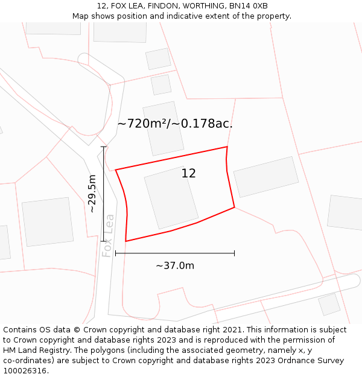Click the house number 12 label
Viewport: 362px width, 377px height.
tap(188, 174)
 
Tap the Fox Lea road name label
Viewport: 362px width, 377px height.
tap(108, 235)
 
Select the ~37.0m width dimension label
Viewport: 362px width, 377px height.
tap(175, 266)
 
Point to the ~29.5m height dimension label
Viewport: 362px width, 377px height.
tap(92, 194)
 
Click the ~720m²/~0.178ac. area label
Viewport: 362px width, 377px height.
tap(175, 124)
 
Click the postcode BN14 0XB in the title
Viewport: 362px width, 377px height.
tap(248, 6)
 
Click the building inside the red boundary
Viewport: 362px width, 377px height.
tap(171, 197)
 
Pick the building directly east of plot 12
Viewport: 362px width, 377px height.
tap(265, 177)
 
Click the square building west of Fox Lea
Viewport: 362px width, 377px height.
tap(48, 221)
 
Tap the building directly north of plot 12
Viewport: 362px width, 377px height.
tap(163, 128)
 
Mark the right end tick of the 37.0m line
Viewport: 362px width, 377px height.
tap(234, 253)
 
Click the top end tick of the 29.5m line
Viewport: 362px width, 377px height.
tap(104, 147)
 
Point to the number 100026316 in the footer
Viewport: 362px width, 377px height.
tap(25, 371)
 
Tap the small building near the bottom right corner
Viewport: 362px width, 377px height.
tap(329, 304)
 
